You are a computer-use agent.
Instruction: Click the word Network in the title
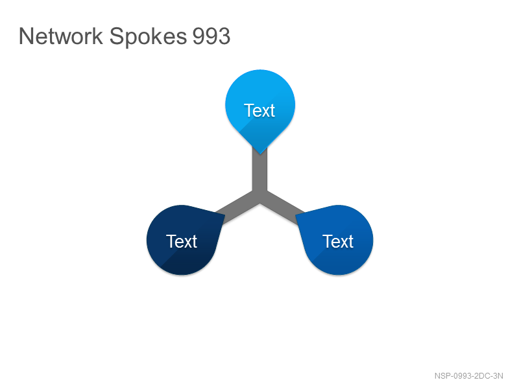61,36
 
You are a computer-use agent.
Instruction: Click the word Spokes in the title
148,37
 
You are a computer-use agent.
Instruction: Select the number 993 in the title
211,36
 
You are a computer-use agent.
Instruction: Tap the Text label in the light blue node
259,110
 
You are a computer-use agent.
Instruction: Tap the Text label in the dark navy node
182,241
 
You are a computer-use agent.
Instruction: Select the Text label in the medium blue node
338,241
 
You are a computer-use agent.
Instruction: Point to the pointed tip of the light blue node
260,154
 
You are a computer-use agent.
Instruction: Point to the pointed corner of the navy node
224,215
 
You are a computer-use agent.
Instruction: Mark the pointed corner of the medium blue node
296,215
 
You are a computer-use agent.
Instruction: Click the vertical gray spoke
260,172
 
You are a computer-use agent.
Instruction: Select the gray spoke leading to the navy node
235,209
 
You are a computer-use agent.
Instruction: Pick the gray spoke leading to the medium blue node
284,209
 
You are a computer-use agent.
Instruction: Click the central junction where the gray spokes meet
260,196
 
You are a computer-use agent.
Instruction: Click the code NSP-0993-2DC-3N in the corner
468,376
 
